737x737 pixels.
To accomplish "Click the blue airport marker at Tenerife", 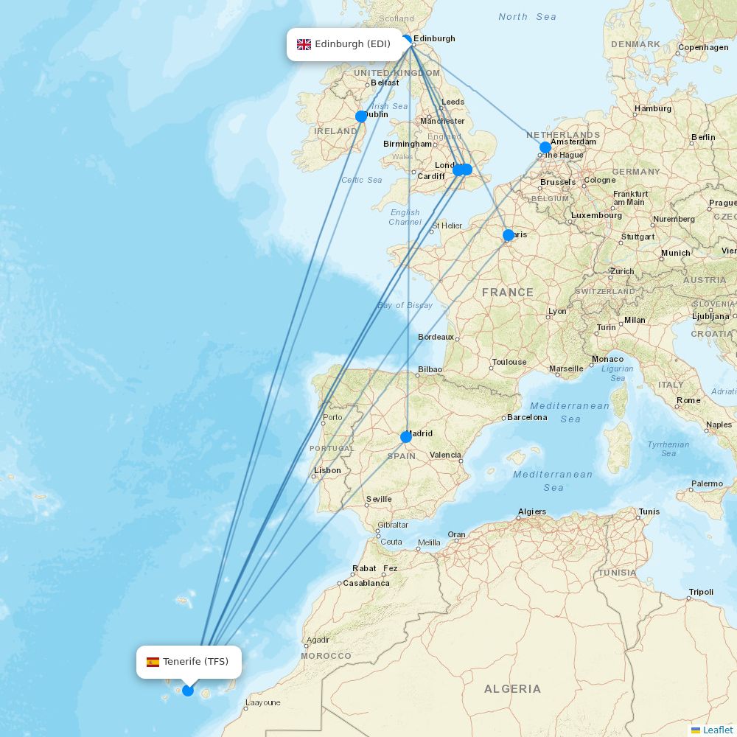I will coord(188,691).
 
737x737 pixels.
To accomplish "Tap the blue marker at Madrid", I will coord(406,437).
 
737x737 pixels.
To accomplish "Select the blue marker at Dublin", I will coord(361,116).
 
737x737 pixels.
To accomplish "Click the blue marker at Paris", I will coord(509,235).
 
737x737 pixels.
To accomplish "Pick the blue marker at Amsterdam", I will coord(545,147).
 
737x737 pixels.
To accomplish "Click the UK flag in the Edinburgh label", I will coord(304,44).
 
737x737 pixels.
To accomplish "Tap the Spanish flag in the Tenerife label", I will coord(153,662).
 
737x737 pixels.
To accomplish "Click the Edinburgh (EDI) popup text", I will coord(352,44).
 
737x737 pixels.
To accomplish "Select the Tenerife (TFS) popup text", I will coord(196,662).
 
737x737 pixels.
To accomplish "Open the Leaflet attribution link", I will coord(717,730).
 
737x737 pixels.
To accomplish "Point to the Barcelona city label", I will coord(527,417).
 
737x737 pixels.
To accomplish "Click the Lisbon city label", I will coord(327,470).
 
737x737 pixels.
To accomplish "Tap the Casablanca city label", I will coord(366,583).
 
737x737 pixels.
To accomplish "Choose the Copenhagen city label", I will coord(703,47).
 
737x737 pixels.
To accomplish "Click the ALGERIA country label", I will coord(512,689).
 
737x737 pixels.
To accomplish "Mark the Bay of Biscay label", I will coord(405,305).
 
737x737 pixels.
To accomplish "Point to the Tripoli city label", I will coord(701,592).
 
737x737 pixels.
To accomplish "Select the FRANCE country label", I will coord(508,293).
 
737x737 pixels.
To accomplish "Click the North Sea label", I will coord(527,17).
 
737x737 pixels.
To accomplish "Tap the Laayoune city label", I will coord(262,702).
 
